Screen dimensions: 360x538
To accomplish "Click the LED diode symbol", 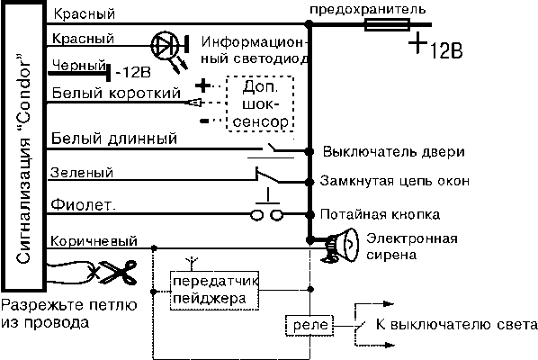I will click(x=166, y=46).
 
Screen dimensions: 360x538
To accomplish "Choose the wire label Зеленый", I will click(x=85, y=171).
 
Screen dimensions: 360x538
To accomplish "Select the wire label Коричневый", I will click(x=94, y=239).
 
